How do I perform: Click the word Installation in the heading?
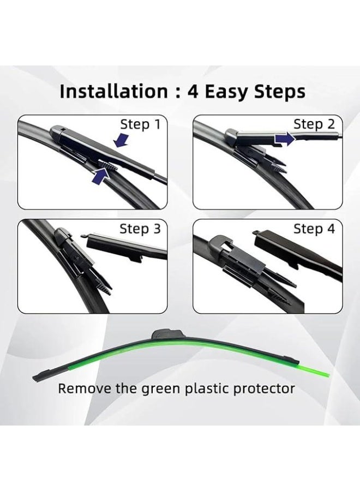pos(113,92)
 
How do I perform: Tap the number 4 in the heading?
pos(193,92)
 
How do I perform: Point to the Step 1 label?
pos(140,124)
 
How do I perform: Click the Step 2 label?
pos(314,124)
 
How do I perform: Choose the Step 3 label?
pos(140,229)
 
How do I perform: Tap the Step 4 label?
pos(314,229)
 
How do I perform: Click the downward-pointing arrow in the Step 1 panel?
pos(121,140)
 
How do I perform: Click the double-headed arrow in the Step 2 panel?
pos(285,139)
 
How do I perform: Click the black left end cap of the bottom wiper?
pos(43,376)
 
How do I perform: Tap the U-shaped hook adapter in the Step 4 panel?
pos(220,244)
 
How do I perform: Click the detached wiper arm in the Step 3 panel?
pos(125,247)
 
